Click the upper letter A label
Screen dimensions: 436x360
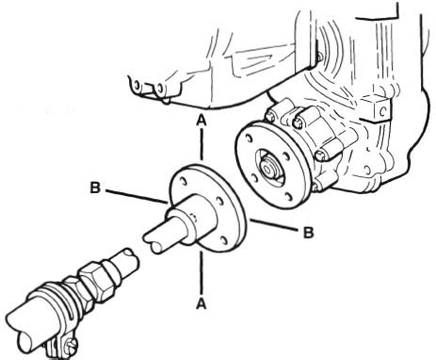tap(202, 120)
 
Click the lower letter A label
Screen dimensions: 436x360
tap(202, 303)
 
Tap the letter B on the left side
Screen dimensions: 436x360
tap(95, 188)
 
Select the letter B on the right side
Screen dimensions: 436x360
tap(308, 233)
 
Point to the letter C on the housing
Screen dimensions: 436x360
tap(382, 111)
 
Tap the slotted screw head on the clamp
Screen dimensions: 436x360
tap(72, 347)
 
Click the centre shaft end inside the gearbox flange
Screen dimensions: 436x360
tap(268, 169)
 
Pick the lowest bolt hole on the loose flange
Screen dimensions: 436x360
tap(224, 240)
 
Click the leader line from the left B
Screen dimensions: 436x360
tap(136, 197)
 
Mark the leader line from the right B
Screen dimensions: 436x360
tap(274, 225)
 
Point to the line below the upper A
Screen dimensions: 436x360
tap(202, 143)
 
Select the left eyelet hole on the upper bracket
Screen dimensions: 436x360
tap(137, 85)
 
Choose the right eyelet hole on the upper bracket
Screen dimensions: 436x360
tap(160, 88)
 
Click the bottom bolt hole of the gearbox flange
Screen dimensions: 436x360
tap(289, 197)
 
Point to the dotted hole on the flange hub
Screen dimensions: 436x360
tap(194, 218)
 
